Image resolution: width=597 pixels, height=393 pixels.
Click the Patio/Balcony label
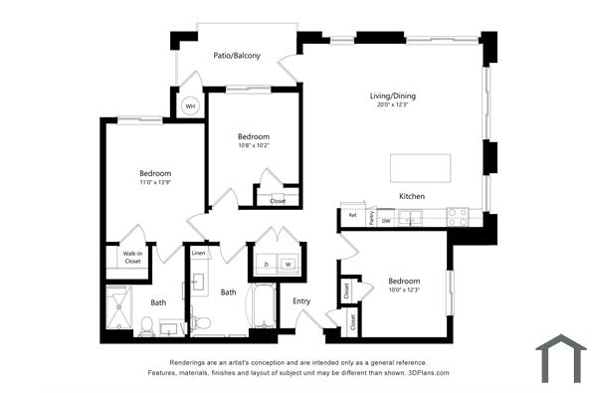pyautogui.click(x=237, y=56)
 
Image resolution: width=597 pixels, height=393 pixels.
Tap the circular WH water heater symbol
pyautogui.click(x=190, y=104)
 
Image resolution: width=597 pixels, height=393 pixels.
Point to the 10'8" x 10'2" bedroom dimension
pyautogui.click(x=254, y=146)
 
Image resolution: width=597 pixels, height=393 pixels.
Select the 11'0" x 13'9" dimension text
pyautogui.click(x=154, y=183)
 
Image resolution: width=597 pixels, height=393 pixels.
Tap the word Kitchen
pyautogui.click(x=412, y=196)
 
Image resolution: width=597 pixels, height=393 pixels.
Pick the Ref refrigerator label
pyautogui.click(x=352, y=215)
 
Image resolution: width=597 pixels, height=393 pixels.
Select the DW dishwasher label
pyautogui.click(x=385, y=220)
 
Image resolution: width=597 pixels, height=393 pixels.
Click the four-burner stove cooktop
pyautogui.click(x=458, y=216)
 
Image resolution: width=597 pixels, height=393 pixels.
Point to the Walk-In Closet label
pyautogui.click(x=131, y=258)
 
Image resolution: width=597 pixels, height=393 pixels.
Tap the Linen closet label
pyautogui.click(x=198, y=254)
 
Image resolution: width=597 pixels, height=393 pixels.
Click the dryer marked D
pyautogui.click(x=266, y=264)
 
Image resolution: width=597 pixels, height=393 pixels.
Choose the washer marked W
pyautogui.click(x=288, y=264)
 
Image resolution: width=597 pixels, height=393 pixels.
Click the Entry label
pyautogui.click(x=300, y=301)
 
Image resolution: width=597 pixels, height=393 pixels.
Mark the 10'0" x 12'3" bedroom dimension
pyautogui.click(x=404, y=291)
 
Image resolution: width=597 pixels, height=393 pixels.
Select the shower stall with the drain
pyautogui.click(x=119, y=308)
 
